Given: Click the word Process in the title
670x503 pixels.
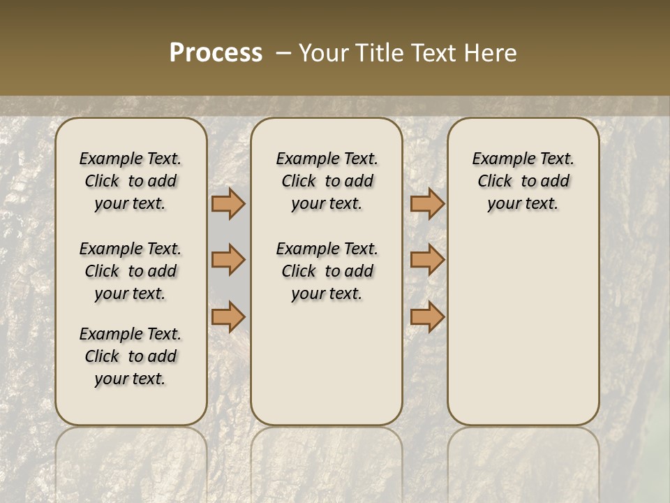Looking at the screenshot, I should click(216, 53).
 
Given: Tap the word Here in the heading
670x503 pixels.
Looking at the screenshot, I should click(489, 53).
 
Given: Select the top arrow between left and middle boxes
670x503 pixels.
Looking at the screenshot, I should click(228, 203).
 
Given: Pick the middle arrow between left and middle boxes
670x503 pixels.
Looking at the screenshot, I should click(228, 260).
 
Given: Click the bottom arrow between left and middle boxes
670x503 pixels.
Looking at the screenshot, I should click(228, 317).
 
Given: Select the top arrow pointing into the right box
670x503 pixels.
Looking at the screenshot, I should click(427, 203).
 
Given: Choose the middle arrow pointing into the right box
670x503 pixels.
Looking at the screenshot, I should click(427, 260).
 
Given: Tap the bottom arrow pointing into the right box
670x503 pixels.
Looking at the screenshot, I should click(427, 317).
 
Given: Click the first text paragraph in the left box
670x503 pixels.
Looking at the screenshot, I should click(131, 181).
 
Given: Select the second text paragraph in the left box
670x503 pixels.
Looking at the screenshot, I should click(131, 271).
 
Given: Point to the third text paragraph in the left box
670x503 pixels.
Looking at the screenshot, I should click(131, 356).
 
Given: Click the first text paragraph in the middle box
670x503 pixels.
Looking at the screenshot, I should click(327, 181).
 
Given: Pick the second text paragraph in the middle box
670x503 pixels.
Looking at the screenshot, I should click(327, 271).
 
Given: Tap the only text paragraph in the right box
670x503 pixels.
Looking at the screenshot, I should click(523, 181).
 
